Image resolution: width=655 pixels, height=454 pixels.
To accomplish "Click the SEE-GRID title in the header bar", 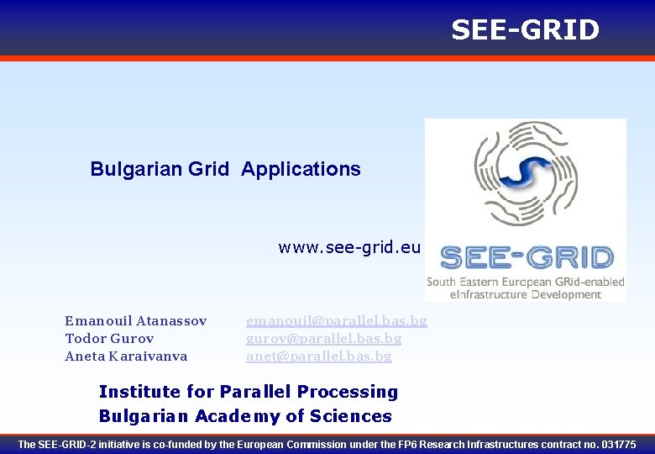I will click(x=525, y=30).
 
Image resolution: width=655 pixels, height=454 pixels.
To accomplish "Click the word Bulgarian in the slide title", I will click(x=136, y=169).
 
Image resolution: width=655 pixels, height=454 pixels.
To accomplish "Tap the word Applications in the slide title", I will click(x=301, y=169).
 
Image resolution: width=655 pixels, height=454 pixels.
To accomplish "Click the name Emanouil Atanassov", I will click(x=135, y=320).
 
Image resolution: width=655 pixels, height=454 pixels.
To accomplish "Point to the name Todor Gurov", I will click(x=109, y=338).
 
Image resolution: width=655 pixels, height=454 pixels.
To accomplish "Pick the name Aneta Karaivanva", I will click(x=126, y=356).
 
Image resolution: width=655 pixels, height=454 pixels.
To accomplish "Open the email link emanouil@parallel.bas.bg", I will click(x=336, y=320).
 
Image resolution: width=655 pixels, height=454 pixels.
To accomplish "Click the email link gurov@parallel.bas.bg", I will click(x=323, y=338).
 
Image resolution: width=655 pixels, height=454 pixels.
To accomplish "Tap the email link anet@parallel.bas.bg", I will click(x=318, y=356).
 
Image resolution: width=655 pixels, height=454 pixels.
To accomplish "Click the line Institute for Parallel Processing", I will click(x=249, y=392).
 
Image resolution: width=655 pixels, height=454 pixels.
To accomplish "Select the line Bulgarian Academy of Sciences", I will click(x=245, y=416).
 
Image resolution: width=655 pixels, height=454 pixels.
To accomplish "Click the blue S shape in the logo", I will click(x=526, y=173).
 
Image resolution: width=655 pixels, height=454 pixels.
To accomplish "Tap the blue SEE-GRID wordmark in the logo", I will click(x=527, y=257).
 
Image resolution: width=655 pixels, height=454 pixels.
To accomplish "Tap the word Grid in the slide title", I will click(x=209, y=169).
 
